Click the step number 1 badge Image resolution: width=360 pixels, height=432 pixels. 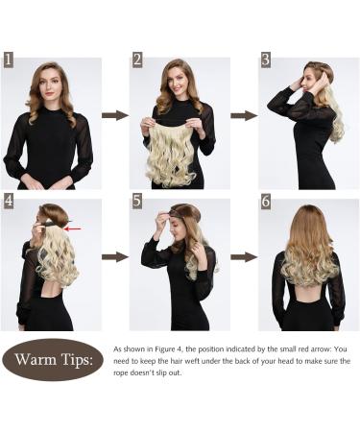[9, 60]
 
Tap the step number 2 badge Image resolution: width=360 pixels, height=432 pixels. [137, 60]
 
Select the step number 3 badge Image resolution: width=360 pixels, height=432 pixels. [266, 60]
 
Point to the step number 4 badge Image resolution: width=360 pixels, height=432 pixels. [9, 201]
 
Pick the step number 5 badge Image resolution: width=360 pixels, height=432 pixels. [137, 201]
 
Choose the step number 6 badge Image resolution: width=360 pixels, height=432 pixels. [266, 201]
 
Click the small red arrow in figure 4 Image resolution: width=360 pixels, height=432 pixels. [72, 228]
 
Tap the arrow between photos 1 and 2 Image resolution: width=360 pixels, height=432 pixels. [115, 115]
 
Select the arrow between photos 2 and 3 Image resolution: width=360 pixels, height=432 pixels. [244, 115]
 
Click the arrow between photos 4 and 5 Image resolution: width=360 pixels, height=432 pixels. [115, 256]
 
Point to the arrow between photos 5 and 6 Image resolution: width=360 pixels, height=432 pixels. [244, 256]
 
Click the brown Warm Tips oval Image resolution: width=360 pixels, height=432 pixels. [53, 360]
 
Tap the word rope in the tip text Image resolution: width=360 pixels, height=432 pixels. [121, 373]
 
